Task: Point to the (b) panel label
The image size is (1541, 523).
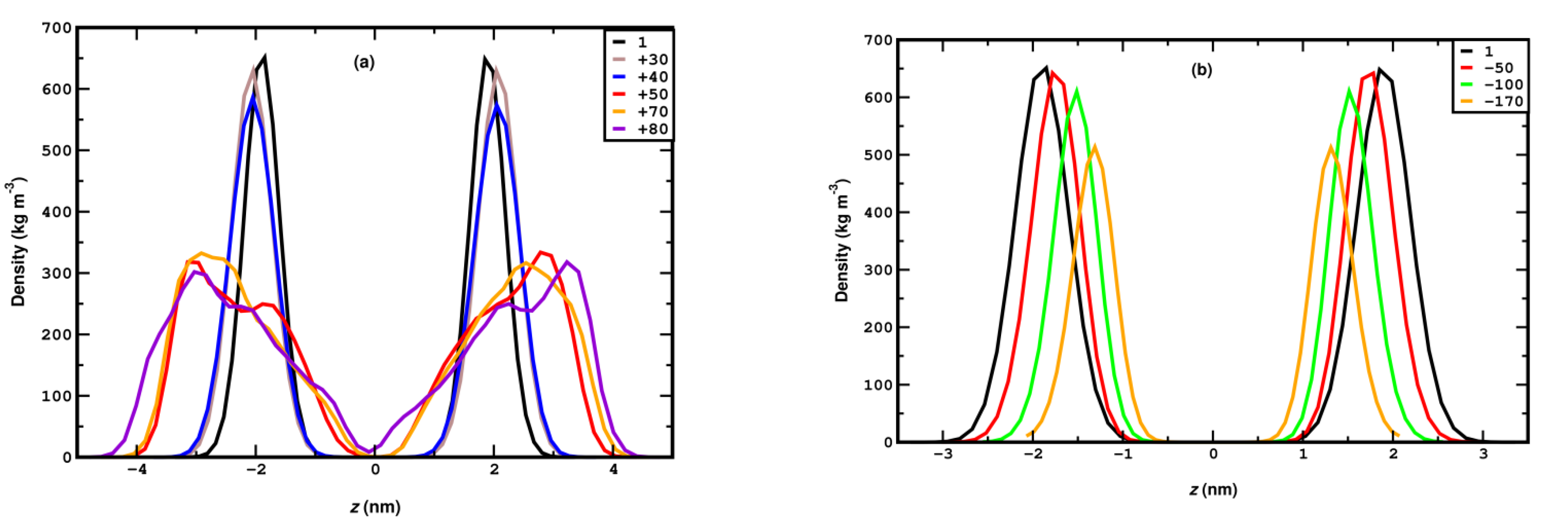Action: (x=1201, y=70)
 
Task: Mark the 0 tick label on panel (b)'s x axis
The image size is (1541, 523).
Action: (x=1213, y=454)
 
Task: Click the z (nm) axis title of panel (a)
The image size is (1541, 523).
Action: (x=375, y=508)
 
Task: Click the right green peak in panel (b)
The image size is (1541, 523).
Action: (x=1349, y=90)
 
